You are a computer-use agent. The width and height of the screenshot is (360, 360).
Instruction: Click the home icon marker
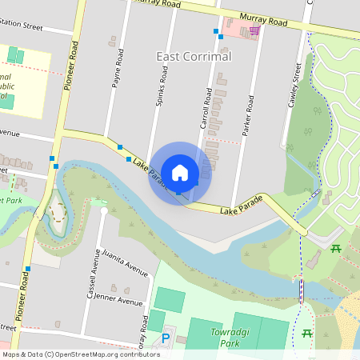pos(180,172)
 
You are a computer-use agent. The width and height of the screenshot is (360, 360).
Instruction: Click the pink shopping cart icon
pos(254,30)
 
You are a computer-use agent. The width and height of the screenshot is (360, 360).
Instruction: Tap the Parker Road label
pos(250,114)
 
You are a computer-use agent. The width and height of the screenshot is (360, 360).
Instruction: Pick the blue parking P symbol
pos(166,339)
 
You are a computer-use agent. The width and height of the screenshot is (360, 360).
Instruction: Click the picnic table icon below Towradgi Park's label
pos(307,334)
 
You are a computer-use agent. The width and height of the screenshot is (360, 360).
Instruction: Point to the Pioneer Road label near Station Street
pos(67,67)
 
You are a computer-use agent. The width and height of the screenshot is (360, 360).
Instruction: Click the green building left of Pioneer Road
pos(16,56)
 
